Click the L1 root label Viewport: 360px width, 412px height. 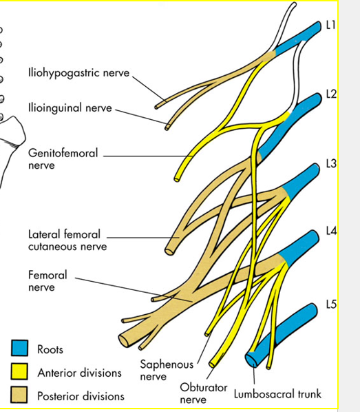(330, 25)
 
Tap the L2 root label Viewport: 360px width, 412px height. (331, 94)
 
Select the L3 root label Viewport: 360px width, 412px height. (331, 163)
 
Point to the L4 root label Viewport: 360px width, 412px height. (331, 231)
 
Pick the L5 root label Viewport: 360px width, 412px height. (331, 305)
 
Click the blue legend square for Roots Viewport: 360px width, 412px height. (19, 348)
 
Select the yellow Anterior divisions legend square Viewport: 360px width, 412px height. (19, 371)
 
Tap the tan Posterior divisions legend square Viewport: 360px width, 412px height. (19, 394)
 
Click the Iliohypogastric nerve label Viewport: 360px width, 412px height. (78, 73)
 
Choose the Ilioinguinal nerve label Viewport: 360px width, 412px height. (70, 108)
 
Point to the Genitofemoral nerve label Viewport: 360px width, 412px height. (63, 159)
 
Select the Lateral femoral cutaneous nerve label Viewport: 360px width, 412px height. (67, 240)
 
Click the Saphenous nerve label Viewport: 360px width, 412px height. (167, 370)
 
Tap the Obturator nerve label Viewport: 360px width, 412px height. (204, 393)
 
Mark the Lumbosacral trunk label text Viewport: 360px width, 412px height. (277, 394)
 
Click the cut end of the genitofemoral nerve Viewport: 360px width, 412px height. (177, 180)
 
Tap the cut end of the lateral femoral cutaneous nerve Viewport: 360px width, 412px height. (169, 251)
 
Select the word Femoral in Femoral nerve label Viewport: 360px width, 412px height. (47, 275)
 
